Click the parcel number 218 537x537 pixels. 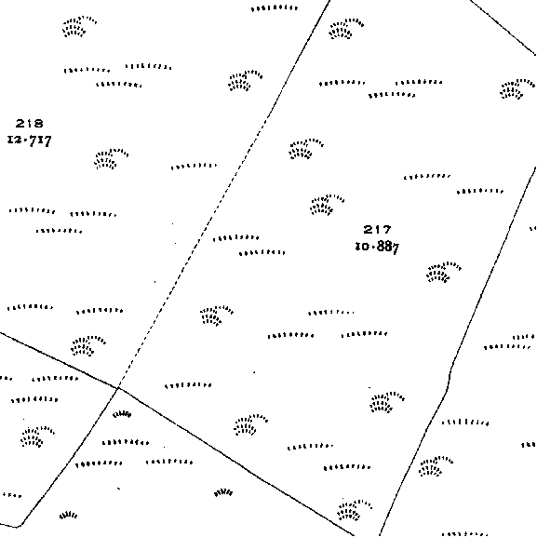click(x=30, y=123)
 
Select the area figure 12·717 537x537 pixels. click(x=30, y=141)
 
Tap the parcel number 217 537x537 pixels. click(x=377, y=229)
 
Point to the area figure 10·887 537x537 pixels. click(x=378, y=247)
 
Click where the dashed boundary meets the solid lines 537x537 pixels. click(x=118, y=388)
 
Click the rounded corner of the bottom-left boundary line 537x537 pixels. click(x=19, y=525)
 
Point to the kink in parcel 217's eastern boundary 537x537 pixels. click(x=449, y=379)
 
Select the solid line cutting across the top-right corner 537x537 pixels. click(x=502, y=27)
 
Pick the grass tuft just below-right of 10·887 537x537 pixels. click(x=444, y=273)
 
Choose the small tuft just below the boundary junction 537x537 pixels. click(x=122, y=414)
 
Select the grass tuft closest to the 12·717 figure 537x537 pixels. click(x=111, y=159)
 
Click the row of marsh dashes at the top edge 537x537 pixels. click(x=275, y=7)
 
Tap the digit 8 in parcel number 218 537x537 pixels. click(x=39, y=123)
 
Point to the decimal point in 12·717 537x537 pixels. click(x=25, y=141)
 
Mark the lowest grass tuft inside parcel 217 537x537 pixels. click(x=355, y=510)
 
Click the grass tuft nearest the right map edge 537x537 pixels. click(x=517, y=89)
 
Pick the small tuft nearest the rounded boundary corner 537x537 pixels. click(x=69, y=515)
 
